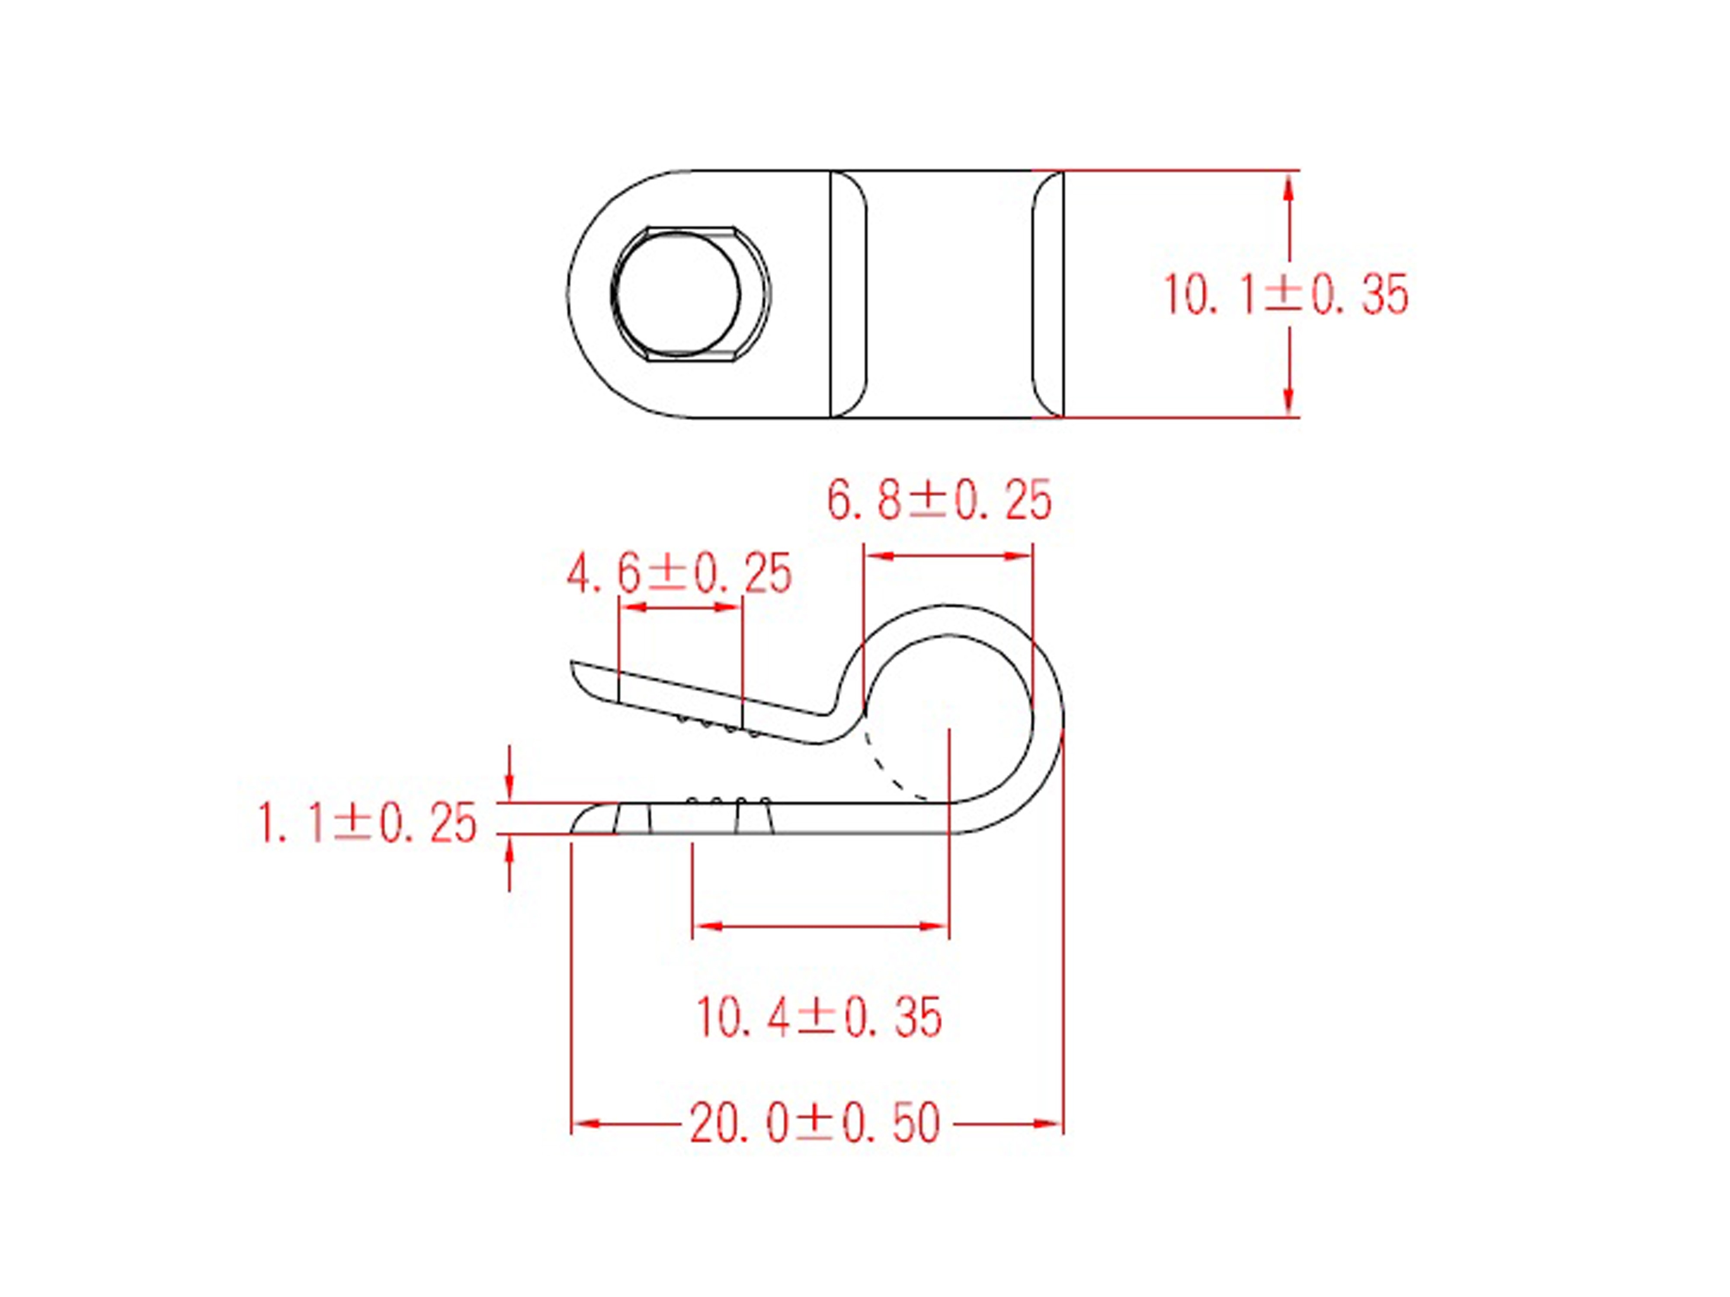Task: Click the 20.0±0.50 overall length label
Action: coord(814,1124)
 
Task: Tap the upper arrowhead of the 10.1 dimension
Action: coord(1289,188)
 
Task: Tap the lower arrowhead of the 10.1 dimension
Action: coord(1289,400)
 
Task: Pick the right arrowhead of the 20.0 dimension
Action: coord(1048,1124)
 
